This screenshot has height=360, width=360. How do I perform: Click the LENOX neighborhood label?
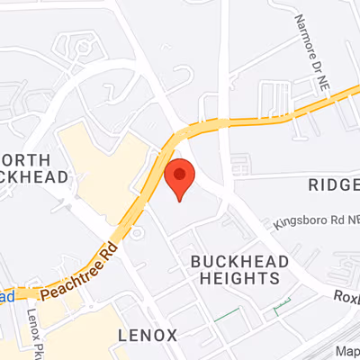tap(148, 335)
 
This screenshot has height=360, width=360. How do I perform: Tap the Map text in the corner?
tap(346, 351)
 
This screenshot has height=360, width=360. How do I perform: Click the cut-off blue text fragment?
tap(6, 295)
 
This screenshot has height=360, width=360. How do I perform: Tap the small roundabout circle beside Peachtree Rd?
tap(138, 233)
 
